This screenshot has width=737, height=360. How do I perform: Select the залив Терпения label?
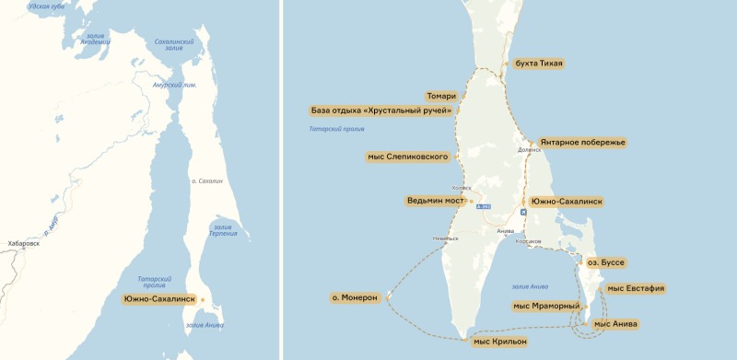pos(225,229)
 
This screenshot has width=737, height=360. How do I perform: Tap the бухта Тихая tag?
pos(539,64)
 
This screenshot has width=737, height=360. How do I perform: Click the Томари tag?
pos(441,96)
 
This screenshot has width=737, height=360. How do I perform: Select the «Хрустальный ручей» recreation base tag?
pos(381,110)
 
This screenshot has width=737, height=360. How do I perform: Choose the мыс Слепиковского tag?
pos(408,157)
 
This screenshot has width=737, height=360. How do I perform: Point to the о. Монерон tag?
pos(355,297)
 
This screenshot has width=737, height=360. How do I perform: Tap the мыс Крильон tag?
pos(499,342)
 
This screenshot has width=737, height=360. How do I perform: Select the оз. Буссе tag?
pos(606,262)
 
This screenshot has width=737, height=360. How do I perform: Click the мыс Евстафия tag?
pos(636,288)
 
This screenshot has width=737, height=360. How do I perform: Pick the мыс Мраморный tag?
pos(546,306)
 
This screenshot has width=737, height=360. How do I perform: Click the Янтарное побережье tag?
pos(582,143)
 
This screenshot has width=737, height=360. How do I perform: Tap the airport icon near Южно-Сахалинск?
pos(524,212)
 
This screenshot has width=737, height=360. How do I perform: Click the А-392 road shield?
pos(484,206)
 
